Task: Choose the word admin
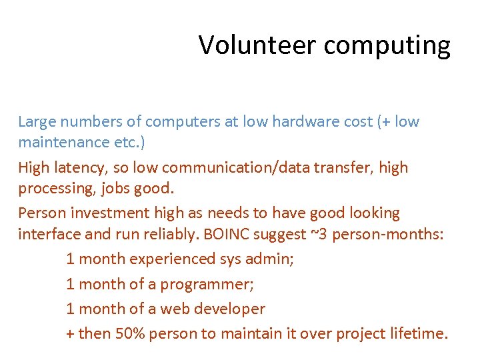pos(272,259)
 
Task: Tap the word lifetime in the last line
pos(418,333)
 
